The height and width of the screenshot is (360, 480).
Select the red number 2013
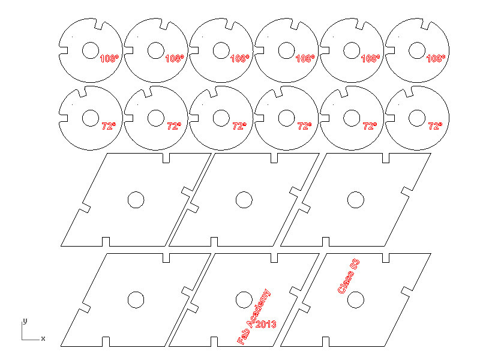[x=266, y=324]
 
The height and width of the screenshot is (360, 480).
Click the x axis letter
[x=43, y=338]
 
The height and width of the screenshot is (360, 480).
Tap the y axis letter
[x=25, y=321]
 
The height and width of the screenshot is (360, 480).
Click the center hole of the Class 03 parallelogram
[x=356, y=299]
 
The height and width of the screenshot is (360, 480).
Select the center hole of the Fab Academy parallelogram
[x=244, y=299]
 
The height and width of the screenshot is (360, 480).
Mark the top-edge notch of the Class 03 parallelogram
[x=386, y=258]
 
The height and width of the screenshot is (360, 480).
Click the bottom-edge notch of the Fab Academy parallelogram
[x=214, y=341]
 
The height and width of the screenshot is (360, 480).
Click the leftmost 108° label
[x=109, y=58]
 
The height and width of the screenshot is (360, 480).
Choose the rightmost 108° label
[x=436, y=58]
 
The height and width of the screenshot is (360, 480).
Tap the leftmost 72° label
[x=109, y=126]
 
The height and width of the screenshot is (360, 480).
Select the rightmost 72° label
[x=436, y=126]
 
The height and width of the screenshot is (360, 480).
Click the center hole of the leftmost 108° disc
[x=91, y=50]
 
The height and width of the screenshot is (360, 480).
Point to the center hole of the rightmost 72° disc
[x=417, y=118]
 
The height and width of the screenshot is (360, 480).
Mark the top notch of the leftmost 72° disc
[x=82, y=92]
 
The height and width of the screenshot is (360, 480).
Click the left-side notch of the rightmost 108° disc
[x=390, y=50]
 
